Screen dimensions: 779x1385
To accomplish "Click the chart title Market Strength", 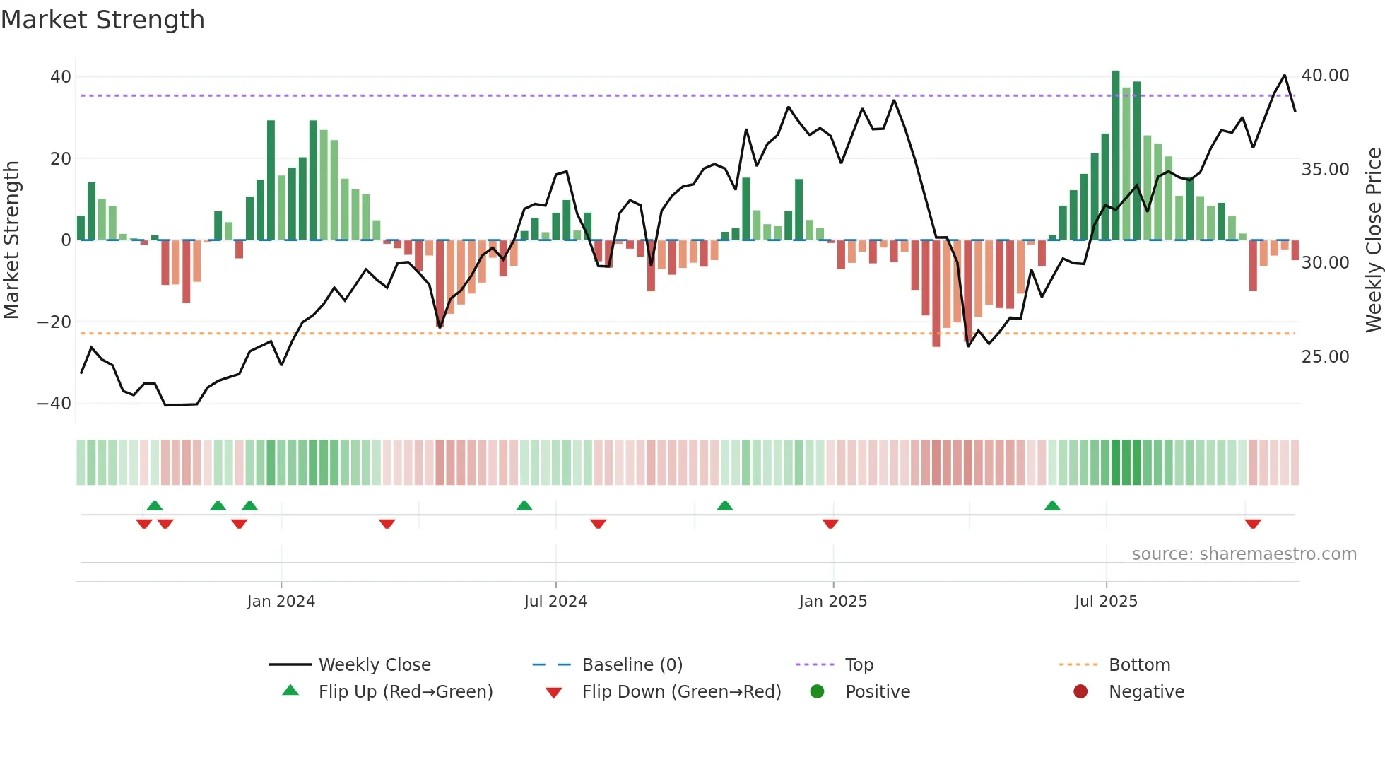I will pos(103,20).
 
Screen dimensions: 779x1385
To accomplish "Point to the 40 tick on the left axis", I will pos(61,76).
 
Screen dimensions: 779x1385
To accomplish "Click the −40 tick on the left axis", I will pos(54,404).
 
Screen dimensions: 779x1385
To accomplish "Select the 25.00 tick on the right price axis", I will pos(1325,357).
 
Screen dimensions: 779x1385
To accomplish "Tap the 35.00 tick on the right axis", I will pos(1325,170).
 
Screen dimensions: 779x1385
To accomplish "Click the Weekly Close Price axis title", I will pos(1373,240).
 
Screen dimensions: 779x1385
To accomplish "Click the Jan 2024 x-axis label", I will pos(281,602).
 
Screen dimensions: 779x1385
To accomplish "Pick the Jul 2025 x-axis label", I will pos(1106,602).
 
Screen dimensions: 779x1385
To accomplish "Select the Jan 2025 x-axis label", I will pos(832,602).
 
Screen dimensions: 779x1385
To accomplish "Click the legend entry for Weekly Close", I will pos(375,665).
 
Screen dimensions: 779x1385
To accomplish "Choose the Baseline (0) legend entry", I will pos(632,665).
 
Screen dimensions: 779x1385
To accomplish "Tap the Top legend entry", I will pos(859,665).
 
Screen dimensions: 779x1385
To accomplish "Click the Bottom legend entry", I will pos(1139,665).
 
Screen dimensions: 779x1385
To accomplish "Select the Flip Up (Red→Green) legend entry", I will pos(405,692).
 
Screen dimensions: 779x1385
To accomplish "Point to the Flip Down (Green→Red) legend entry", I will pos(681,692).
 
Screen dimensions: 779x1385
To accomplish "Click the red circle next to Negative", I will pos(1080,692).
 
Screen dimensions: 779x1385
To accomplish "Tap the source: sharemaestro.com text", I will pos(1244,554).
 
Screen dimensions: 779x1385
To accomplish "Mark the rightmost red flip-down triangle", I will pos(1253,524).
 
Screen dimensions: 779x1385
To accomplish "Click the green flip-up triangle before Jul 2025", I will pos(1052,506).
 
